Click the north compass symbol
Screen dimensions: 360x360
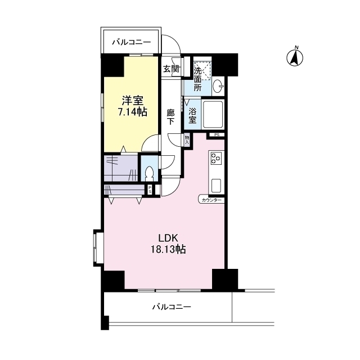(x=295, y=57)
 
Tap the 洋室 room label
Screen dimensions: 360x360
(x=133, y=101)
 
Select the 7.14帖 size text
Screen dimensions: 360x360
(x=133, y=112)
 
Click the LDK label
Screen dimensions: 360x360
(x=168, y=238)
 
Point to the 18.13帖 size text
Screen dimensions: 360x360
(x=168, y=249)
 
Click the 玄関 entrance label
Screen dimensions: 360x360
(x=171, y=69)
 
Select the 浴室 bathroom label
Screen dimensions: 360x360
(x=192, y=116)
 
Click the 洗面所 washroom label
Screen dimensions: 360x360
(x=197, y=79)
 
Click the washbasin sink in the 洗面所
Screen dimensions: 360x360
(x=218, y=86)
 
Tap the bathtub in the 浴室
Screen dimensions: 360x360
(x=213, y=114)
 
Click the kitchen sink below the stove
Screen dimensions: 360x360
(x=216, y=186)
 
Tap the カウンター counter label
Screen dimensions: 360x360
(x=211, y=200)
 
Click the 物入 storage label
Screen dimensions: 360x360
(x=187, y=140)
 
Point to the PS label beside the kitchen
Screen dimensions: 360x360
(x=217, y=135)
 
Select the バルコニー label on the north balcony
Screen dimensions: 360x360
(x=131, y=43)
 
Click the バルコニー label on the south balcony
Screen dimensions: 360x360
(x=172, y=307)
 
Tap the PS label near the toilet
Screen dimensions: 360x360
(x=150, y=190)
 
